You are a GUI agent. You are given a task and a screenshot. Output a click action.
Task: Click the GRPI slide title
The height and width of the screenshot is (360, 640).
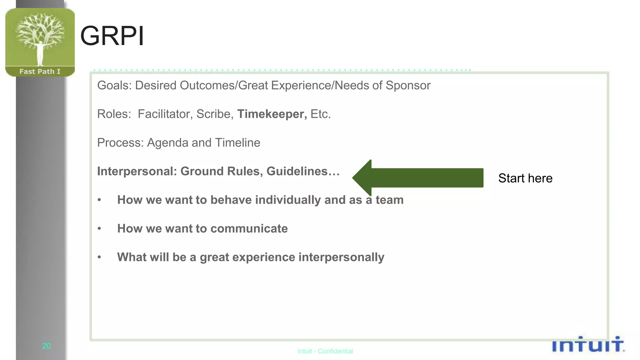[x=112, y=36]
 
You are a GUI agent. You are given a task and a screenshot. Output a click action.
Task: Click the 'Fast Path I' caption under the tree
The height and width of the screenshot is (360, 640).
[x=40, y=72]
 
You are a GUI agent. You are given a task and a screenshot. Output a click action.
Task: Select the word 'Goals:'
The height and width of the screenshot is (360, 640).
[x=114, y=86]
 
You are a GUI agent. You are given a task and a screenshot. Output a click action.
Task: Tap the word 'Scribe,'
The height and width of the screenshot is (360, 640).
[x=215, y=114]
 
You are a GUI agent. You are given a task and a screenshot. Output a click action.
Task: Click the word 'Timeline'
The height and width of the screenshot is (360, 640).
[x=237, y=143]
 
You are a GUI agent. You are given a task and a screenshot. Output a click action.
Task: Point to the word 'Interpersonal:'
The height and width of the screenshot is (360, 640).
[x=137, y=172]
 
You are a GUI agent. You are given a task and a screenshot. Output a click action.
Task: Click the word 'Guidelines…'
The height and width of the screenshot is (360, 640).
[x=303, y=172]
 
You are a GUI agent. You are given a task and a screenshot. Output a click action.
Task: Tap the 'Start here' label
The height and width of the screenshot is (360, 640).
[x=525, y=178]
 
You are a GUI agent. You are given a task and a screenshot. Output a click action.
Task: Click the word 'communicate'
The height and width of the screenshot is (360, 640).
[x=249, y=229]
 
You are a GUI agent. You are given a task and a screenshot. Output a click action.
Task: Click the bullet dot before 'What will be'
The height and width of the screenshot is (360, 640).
[x=99, y=257]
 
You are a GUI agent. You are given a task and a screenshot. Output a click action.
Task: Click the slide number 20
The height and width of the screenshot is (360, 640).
[x=46, y=346]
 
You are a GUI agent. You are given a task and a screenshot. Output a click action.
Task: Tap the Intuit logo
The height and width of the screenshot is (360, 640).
[x=588, y=345]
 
